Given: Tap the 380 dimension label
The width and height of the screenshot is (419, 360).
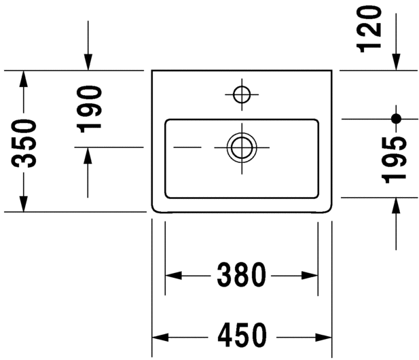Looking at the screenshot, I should [x=241, y=275].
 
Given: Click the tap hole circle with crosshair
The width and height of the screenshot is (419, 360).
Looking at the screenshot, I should [x=241, y=95].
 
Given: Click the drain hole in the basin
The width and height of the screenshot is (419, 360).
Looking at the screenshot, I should [x=241, y=147].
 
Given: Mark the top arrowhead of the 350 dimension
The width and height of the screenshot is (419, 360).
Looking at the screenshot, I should [x=24, y=79].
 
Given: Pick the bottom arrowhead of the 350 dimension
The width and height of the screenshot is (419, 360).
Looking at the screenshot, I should [x=24, y=203].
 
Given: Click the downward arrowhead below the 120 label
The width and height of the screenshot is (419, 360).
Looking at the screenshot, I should [x=396, y=62].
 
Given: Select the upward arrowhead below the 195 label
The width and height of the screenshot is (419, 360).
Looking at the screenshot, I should [x=396, y=206].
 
